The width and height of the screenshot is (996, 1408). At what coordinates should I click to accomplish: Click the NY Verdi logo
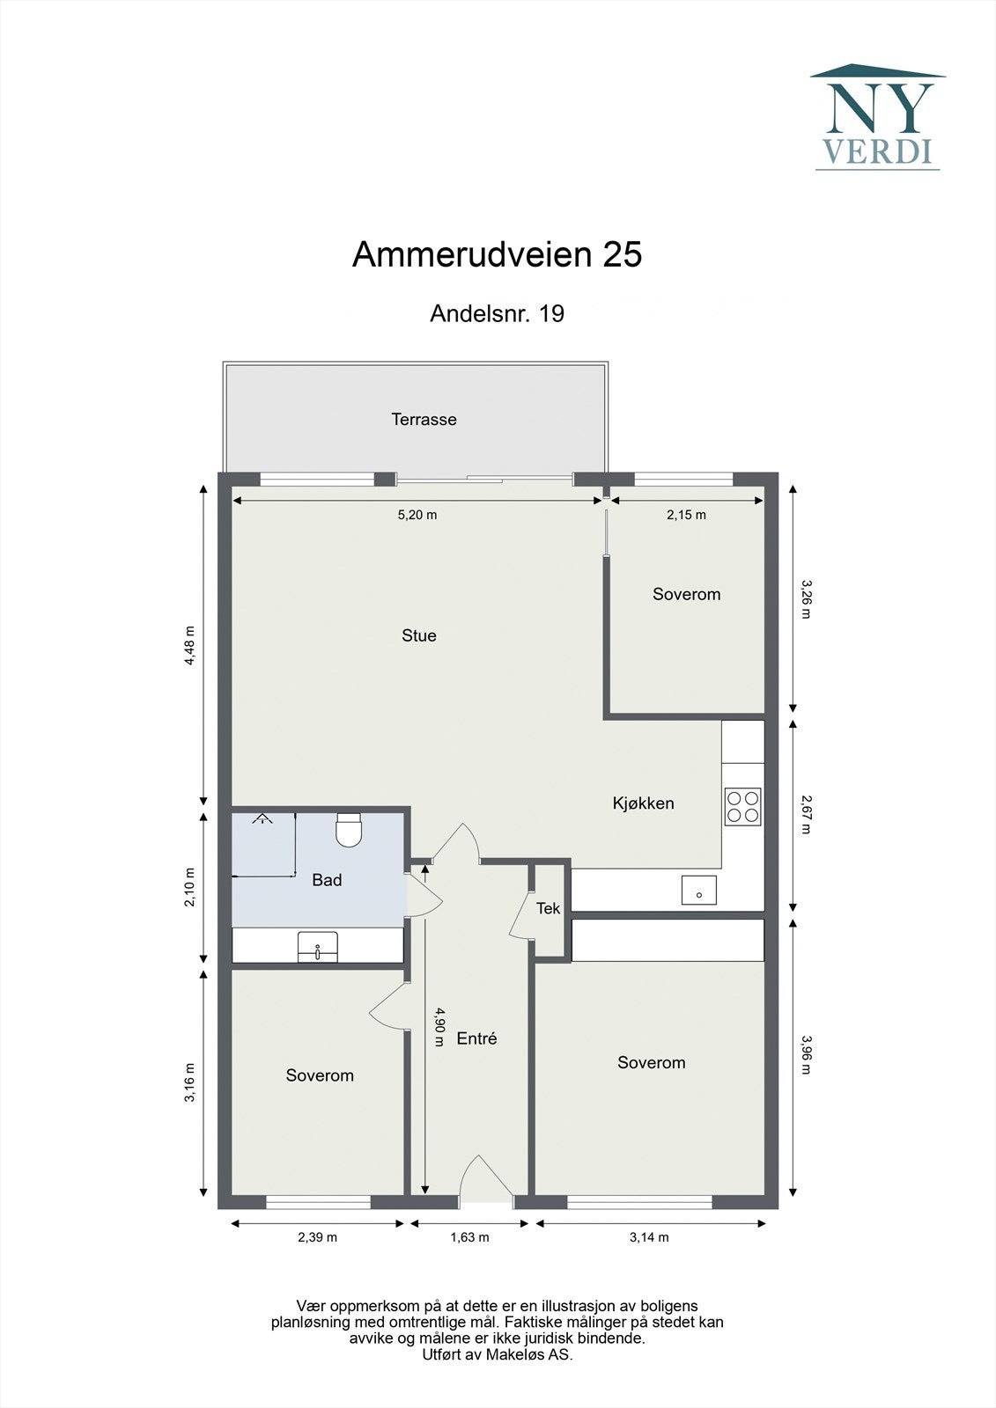[x=877, y=117]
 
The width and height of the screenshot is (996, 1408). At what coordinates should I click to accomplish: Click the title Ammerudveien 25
[x=497, y=254]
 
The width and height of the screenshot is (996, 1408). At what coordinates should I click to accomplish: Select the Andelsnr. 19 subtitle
[x=497, y=313]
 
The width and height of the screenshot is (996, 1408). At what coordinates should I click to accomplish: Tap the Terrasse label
[x=424, y=420]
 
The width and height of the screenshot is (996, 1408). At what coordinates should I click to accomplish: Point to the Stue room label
[x=418, y=635]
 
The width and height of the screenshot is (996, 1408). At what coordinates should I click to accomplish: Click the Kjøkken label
[x=643, y=803]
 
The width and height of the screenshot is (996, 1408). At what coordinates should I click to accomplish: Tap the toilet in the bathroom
[x=349, y=830]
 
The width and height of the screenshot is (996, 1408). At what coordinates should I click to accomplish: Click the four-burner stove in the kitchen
[x=742, y=806]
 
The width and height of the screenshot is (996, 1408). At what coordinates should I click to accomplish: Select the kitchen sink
[x=698, y=891]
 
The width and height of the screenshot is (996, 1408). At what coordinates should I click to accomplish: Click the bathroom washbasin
[x=317, y=947]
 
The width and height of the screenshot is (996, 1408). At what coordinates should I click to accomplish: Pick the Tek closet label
[x=548, y=908]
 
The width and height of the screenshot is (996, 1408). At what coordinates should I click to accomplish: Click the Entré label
[x=476, y=1038]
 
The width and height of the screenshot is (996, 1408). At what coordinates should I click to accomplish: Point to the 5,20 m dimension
[x=417, y=515]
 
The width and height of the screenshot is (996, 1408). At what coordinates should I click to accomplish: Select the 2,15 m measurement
[x=686, y=515]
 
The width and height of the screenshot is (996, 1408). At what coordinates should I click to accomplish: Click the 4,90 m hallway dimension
[x=439, y=1027]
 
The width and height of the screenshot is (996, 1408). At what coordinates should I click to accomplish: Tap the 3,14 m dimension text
[x=649, y=1237]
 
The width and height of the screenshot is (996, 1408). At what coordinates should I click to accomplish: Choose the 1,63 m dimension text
[x=469, y=1237]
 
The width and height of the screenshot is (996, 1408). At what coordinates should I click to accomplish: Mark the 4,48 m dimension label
[x=188, y=646]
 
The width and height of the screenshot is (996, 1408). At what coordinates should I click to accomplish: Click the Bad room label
[x=327, y=880]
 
